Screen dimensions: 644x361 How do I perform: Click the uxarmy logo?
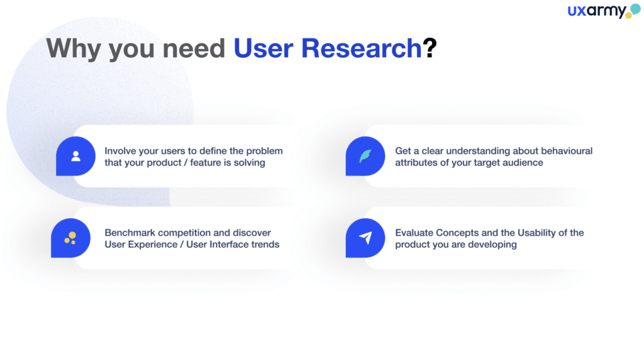pyautogui.click(x=603, y=11)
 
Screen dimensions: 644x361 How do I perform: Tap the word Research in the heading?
pyautogui.click(x=362, y=48)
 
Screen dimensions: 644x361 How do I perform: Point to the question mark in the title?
pyautogui.click(x=430, y=48)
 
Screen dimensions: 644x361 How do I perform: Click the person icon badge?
pyautogui.click(x=75, y=156)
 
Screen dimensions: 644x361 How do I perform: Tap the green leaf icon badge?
pyautogui.click(x=365, y=156)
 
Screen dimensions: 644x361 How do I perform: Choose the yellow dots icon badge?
pyautogui.click(x=70, y=238)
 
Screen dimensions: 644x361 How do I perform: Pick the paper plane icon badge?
pyautogui.click(x=365, y=238)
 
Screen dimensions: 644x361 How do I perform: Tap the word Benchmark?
pyautogui.click(x=130, y=233)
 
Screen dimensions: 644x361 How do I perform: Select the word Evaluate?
pyautogui.click(x=414, y=233)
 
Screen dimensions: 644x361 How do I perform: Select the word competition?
pyautogui.click(x=184, y=233)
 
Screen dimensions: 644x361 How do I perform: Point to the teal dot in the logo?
pyautogui.click(x=635, y=9)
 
